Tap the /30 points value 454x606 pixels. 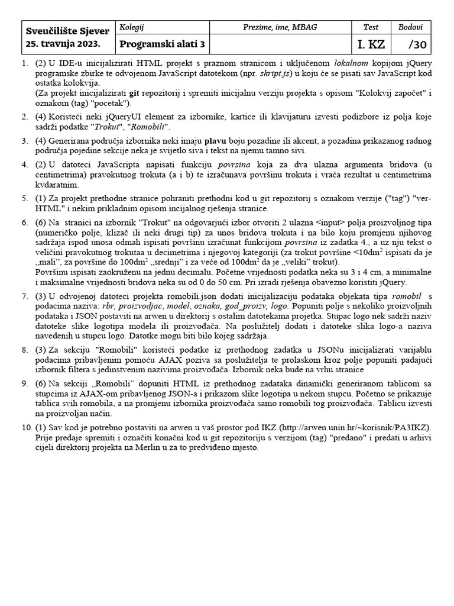click(x=416, y=44)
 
